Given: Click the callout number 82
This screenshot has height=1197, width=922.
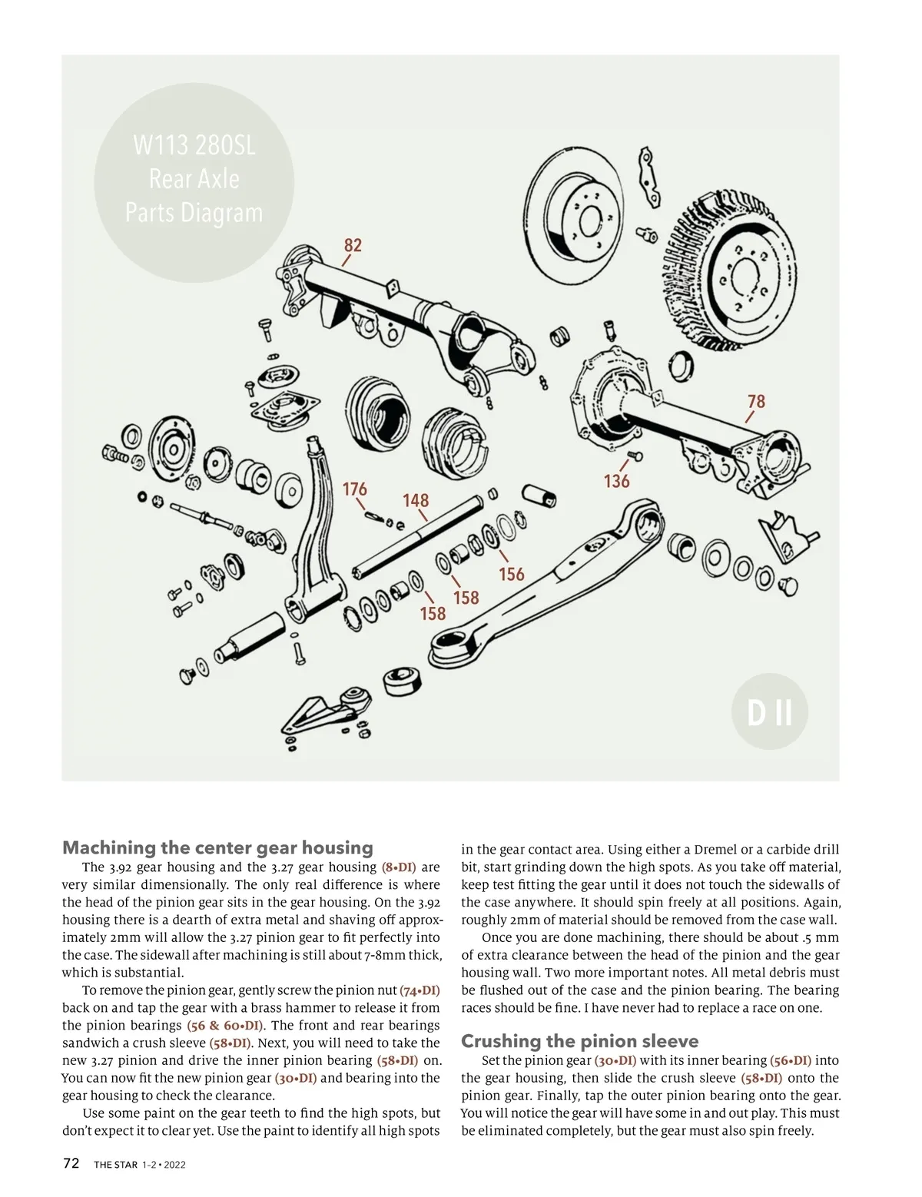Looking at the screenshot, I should coord(353,245).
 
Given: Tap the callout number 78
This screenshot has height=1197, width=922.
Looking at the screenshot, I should coord(756,401).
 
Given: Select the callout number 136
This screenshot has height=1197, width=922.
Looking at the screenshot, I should coord(616,482).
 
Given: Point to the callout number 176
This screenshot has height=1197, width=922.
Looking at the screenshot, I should coord(354,489).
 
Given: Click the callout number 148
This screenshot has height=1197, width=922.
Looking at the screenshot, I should coord(416,501).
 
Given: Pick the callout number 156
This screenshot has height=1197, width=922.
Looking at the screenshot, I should coord(511,574).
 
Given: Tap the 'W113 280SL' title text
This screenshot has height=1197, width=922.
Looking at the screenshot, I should coord(194,145).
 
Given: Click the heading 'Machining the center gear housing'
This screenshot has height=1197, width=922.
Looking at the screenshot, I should coord(217,847).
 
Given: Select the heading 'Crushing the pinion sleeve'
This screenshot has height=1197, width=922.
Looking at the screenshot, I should coord(579,1041).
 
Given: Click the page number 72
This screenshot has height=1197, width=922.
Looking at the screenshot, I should coord(71,1163).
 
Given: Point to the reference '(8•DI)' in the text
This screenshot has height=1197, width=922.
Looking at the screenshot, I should coord(399,867).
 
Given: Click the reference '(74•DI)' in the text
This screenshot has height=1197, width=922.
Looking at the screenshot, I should coord(420,990).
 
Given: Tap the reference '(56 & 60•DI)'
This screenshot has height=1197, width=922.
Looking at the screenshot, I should coord(226,1026).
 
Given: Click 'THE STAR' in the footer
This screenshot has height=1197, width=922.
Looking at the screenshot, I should coord(116,1165).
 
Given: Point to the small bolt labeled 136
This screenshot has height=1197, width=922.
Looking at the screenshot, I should coord(635,457).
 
